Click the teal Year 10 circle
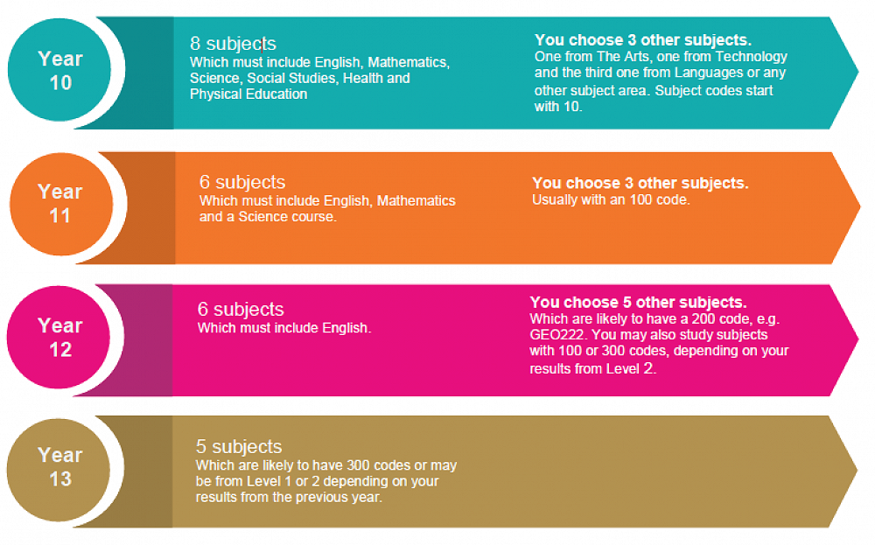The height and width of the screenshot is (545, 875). tap(59, 70)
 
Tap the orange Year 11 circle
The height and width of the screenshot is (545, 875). tap(61, 204)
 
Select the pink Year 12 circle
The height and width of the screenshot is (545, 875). tap(59, 337)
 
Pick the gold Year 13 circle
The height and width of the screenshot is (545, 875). tap(59, 470)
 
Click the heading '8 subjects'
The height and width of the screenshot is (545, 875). tap(233, 44)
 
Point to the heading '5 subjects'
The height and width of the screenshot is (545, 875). tap(239, 446)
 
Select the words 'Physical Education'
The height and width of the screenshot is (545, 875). tap(248, 94)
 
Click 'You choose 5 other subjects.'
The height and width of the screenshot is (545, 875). tap(638, 303)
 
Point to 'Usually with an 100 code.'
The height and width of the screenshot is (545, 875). tap(611, 199)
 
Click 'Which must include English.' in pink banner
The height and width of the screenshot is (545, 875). tap(284, 328)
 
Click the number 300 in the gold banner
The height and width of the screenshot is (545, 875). tap(358, 465)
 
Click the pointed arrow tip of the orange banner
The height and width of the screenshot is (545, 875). tap(860, 206)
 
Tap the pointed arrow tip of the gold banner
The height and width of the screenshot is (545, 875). tap(857, 471)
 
